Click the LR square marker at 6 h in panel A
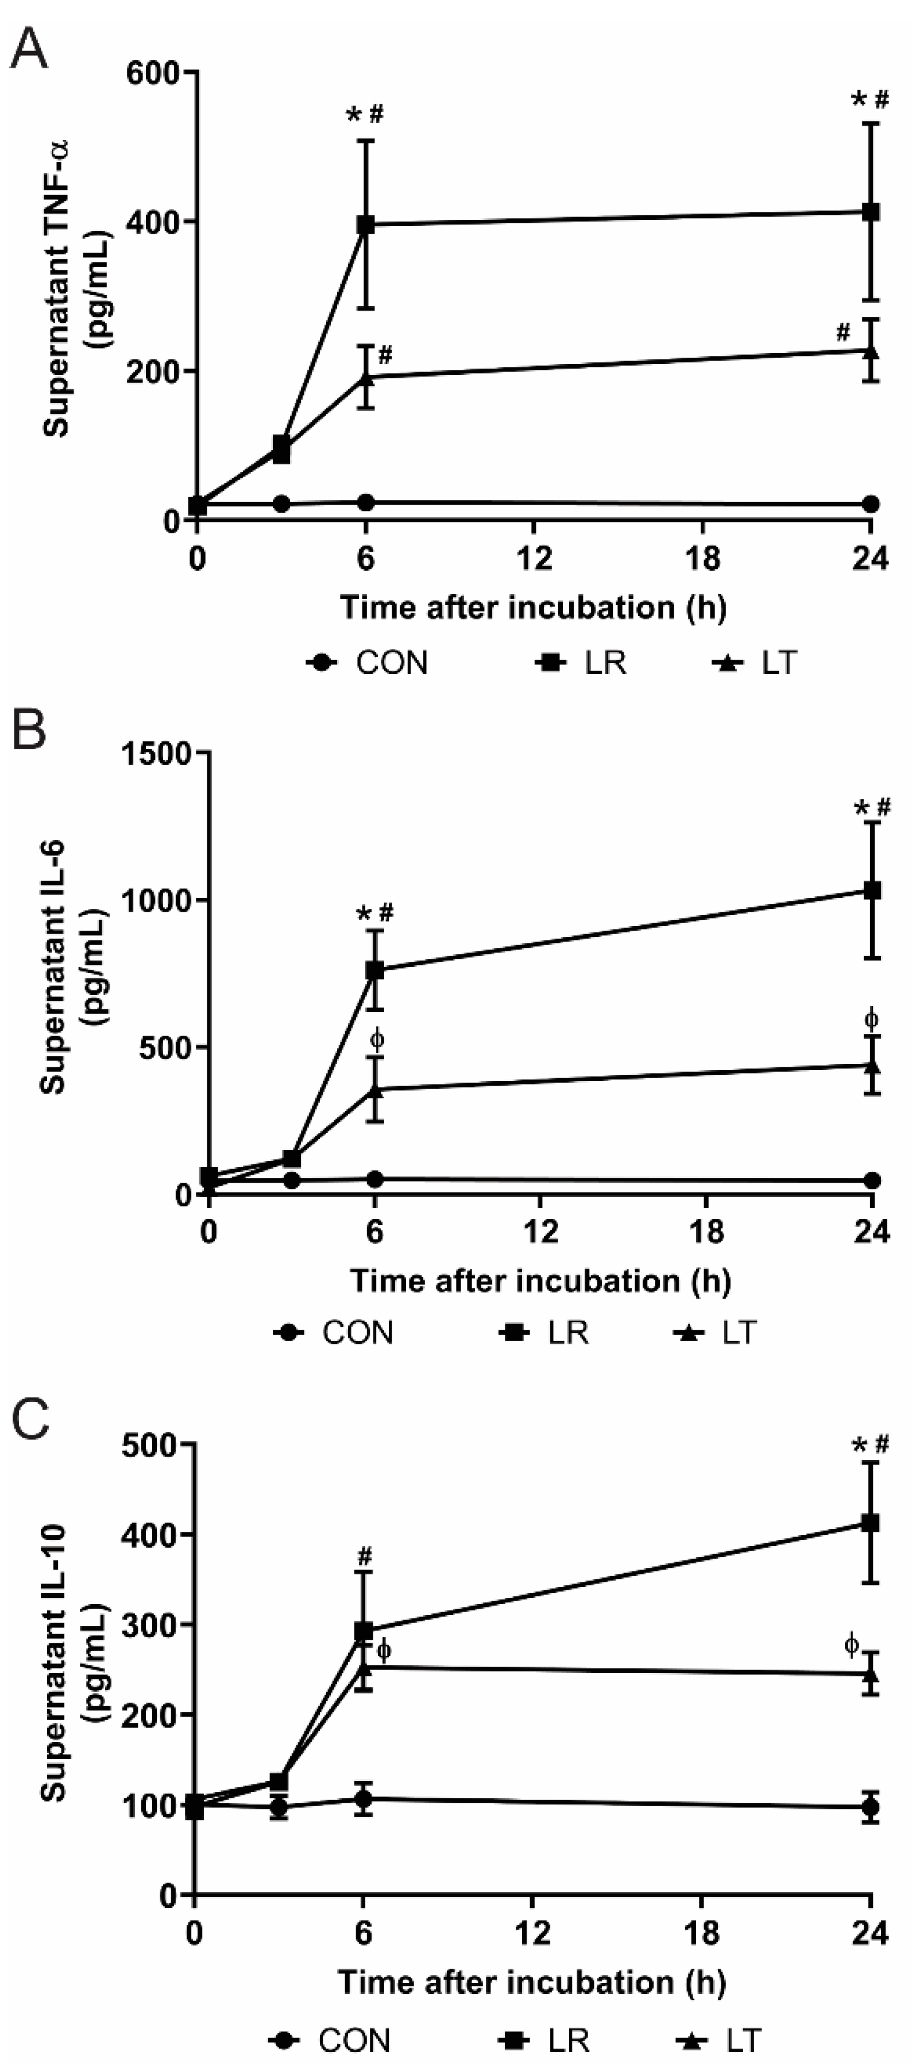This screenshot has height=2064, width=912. tap(365, 224)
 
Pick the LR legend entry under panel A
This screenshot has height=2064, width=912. tap(582, 664)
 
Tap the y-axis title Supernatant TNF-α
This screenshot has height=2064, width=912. tap(56, 288)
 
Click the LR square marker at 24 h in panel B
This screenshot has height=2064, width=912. tap(872, 890)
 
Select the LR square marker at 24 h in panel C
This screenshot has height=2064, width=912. tap(870, 1523)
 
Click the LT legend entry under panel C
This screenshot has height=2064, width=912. tap(718, 2040)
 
